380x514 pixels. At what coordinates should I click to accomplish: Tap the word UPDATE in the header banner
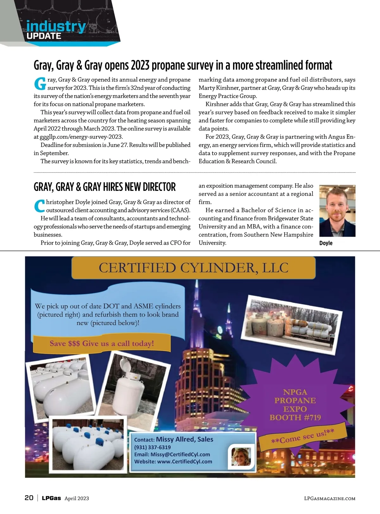pos(44,36)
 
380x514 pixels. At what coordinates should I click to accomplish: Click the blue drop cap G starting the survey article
pos(40,84)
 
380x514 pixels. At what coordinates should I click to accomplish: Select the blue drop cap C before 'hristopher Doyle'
pos(39,206)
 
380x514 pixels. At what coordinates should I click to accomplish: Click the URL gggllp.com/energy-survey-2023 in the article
pos(81,137)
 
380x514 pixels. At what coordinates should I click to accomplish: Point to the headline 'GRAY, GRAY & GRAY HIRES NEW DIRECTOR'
pos(104,187)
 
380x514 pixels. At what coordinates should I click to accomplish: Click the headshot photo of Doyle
pos(337,211)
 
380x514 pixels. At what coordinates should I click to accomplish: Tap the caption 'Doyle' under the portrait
pos(326,243)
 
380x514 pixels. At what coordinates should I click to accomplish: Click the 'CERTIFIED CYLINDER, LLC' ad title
pos(193,268)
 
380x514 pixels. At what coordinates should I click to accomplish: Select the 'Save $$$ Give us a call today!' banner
pos(102,344)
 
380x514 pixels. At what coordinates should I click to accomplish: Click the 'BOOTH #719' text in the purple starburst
pos(295,418)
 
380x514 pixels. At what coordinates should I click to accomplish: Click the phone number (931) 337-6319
pos(152,447)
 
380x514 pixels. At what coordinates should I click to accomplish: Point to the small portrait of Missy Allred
pos(241,457)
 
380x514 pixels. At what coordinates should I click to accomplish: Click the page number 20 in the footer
pos(29,498)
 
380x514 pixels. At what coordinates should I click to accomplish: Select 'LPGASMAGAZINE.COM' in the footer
pos(329,499)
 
